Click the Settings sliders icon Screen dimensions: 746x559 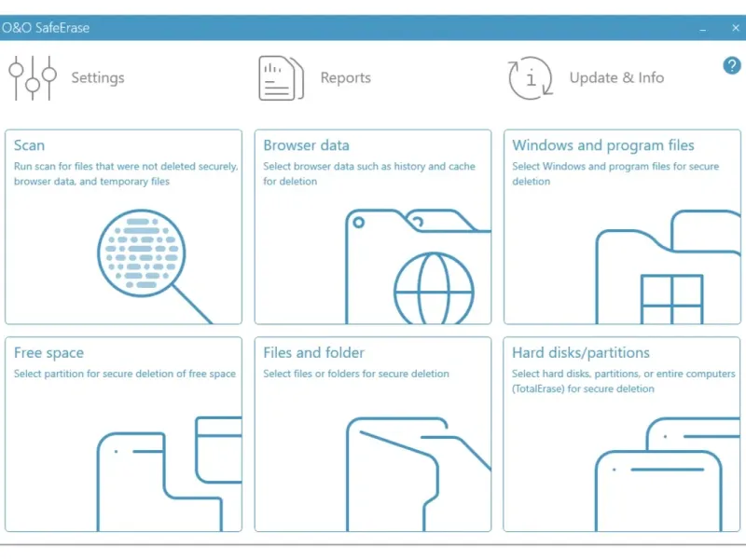pos(33,78)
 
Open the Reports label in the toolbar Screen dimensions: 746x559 pos(345,77)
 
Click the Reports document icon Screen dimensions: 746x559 pos(281,78)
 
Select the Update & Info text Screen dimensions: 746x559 pos(616,77)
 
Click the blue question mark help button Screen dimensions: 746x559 pos(732,65)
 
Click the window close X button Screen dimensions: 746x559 pos(736,28)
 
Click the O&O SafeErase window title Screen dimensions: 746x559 pos(46,28)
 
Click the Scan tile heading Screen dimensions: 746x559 pos(29,145)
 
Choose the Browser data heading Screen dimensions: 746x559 pos(306,145)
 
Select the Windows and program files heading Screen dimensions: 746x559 pos(602,145)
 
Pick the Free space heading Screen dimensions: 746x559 pos(48,353)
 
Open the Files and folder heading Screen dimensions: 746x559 pos(313,353)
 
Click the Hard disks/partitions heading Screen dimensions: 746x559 pos(580,353)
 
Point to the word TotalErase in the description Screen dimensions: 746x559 pos(538,389)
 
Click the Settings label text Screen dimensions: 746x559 pos(98,78)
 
